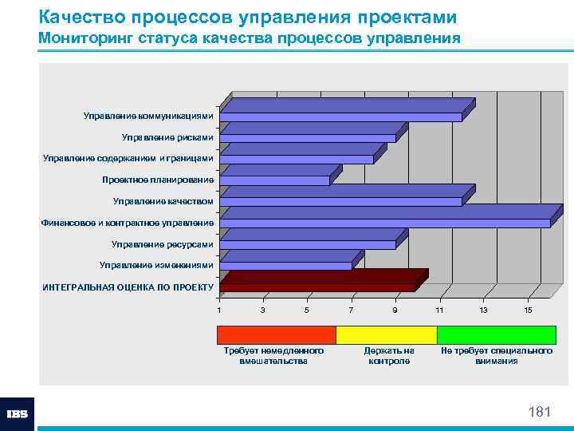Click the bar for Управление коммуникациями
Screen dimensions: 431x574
pos(341,117)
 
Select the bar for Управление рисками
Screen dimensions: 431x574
pos(308,137)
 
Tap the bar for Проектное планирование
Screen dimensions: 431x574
pos(275,180)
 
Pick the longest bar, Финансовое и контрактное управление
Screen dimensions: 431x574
pos(385,223)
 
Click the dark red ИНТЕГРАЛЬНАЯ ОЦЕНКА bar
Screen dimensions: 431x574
pos(317,287)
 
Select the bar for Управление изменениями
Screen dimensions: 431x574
pos(285,265)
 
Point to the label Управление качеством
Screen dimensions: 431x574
pos(163,201)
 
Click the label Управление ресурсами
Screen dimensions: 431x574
pos(163,243)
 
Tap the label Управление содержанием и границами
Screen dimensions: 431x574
pos(128,158)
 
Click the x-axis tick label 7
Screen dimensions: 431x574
pos(351,310)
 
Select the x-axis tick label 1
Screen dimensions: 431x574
pos(219,310)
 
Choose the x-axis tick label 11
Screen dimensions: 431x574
pos(439,310)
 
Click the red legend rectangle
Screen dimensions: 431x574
pos(277,334)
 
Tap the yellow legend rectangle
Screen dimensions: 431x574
pos(386,334)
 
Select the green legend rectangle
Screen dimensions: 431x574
pos(496,334)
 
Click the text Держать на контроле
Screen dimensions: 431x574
pos(389,356)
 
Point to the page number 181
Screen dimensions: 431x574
pos(540,412)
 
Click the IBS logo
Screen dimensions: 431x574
pos(17,414)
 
